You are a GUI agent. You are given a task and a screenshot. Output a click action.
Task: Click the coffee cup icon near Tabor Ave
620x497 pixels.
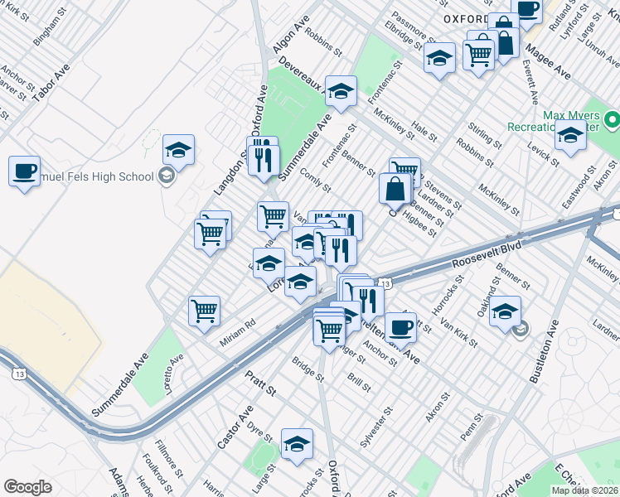click(x=25, y=171)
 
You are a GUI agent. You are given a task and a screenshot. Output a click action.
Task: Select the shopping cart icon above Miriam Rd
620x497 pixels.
click(x=204, y=311)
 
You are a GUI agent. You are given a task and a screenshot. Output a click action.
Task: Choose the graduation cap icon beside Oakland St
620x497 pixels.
click(x=505, y=312)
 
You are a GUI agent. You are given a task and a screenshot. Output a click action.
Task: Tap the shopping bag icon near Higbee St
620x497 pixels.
click(x=395, y=188)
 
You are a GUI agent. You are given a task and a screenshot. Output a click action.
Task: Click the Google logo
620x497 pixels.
click(x=28, y=487)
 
